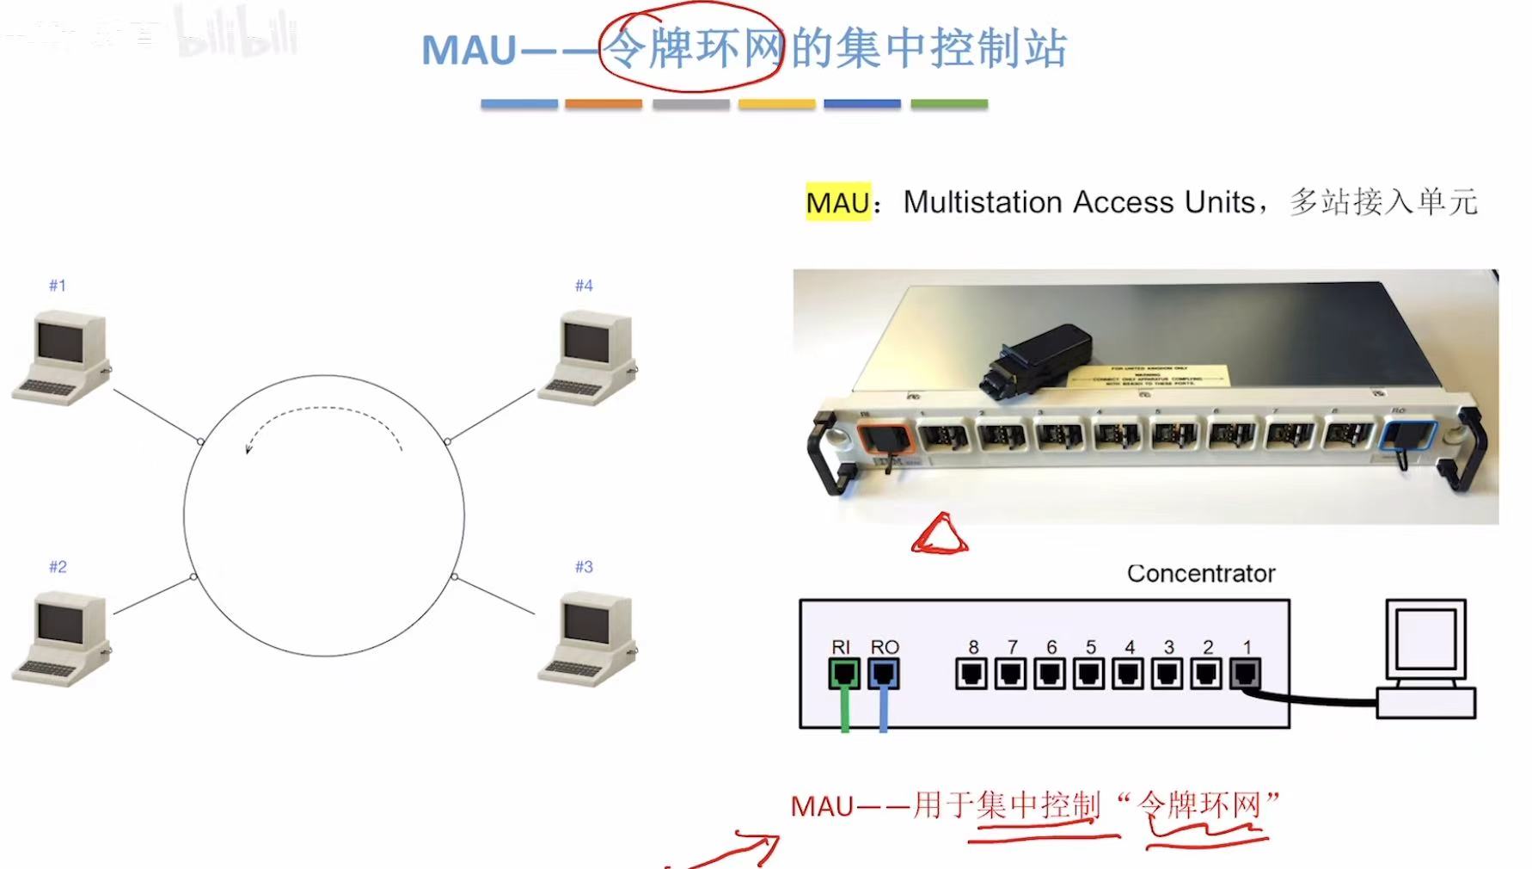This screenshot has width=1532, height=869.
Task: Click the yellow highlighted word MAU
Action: click(x=837, y=203)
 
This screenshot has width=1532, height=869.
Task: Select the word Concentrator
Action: click(x=1200, y=574)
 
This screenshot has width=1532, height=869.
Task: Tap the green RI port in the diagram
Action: click(x=843, y=673)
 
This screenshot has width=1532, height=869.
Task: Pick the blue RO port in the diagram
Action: click(x=884, y=673)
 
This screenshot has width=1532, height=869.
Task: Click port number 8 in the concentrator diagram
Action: click(x=971, y=673)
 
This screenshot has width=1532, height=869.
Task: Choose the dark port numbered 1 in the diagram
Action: click(x=1246, y=673)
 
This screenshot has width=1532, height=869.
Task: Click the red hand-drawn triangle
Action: click(x=940, y=535)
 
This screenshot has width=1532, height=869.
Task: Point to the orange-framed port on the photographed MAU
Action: click(x=885, y=439)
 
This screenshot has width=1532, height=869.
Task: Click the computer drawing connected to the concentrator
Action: click(x=1425, y=658)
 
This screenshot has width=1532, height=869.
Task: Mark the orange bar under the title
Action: click(x=603, y=104)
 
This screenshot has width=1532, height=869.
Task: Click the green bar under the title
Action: click(x=948, y=104)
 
